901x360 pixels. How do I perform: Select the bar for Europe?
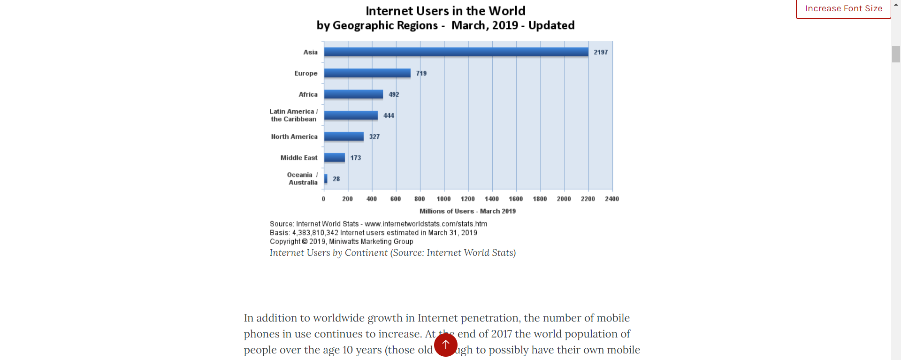pos(367,73)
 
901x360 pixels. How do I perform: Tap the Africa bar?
pos(353,94)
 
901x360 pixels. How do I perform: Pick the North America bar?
pos(344,137)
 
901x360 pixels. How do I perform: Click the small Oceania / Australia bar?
pos(326,179)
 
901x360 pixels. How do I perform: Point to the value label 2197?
pos(600,52)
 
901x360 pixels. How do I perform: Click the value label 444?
pos(389,115)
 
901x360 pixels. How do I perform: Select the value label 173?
pos(355,158)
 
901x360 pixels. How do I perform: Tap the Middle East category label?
pos(298,158)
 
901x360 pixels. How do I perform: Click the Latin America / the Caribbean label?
pos(293,115)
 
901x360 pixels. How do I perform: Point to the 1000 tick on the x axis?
pos(443,199)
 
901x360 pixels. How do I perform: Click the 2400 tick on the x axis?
pos(611,199)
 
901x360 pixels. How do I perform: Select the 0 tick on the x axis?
pos(323,199)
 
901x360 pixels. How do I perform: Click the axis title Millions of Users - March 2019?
pos(467,211)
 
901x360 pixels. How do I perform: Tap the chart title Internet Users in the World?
pos(445,11)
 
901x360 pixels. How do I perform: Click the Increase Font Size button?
pos(843,8)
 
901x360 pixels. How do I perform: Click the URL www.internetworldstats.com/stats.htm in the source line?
pos(426,224)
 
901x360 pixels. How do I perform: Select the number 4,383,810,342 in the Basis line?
pos(315,233)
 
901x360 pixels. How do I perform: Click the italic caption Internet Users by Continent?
pos(328,253)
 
